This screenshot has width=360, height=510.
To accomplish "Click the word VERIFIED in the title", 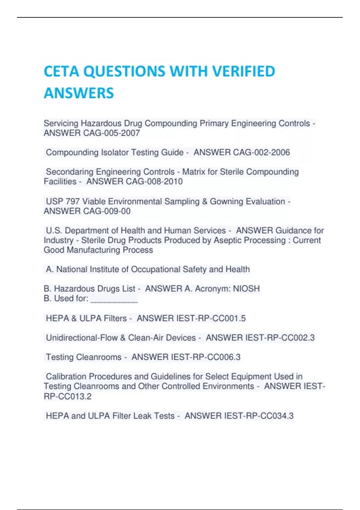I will tap(243, 71).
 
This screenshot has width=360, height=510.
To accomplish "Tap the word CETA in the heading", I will tap(61, 71).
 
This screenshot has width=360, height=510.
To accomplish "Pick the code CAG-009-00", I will tap(106, 211).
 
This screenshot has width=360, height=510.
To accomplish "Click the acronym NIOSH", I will tap(246, 289).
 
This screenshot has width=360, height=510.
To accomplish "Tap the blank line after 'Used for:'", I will tap(114, 299).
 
